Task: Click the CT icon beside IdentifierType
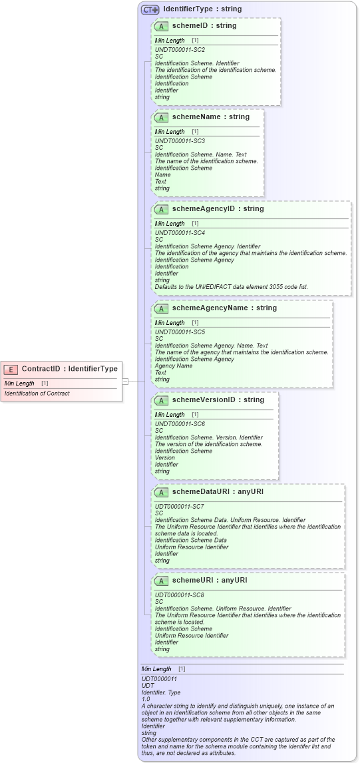point(150,9)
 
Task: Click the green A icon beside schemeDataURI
point(161,492)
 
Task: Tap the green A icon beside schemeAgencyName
point(161,308)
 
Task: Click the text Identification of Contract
point(37,393)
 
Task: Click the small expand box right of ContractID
point(124,381)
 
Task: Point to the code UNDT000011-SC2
point(180,50)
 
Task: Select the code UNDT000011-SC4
point(180,233)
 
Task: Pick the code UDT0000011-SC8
point(180,595)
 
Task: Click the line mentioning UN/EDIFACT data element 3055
point(231,287)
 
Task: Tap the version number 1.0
point(146,699)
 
